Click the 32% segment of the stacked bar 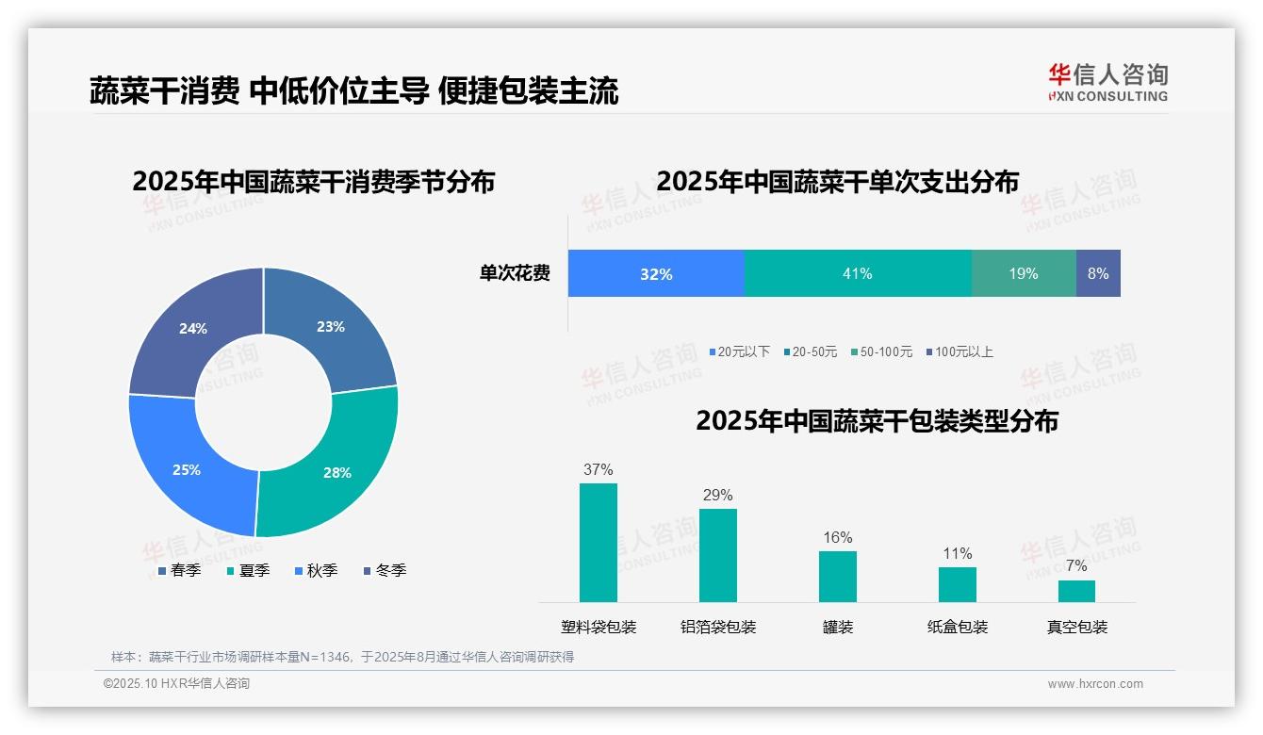point(656,273)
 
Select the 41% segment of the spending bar point(858,273)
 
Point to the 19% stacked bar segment point(1024,273)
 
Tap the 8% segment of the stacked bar point(1098,273)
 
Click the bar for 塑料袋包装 point(599,543)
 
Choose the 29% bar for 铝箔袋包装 point(718,555)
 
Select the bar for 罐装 point(838,577)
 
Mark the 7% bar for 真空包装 point(1076,591)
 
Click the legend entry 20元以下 point(740,351)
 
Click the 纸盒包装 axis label point(958,627)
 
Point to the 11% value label point(958,553)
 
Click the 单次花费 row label point(515,273)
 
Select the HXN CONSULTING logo point(1108,82)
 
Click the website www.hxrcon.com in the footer point(1095,683)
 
